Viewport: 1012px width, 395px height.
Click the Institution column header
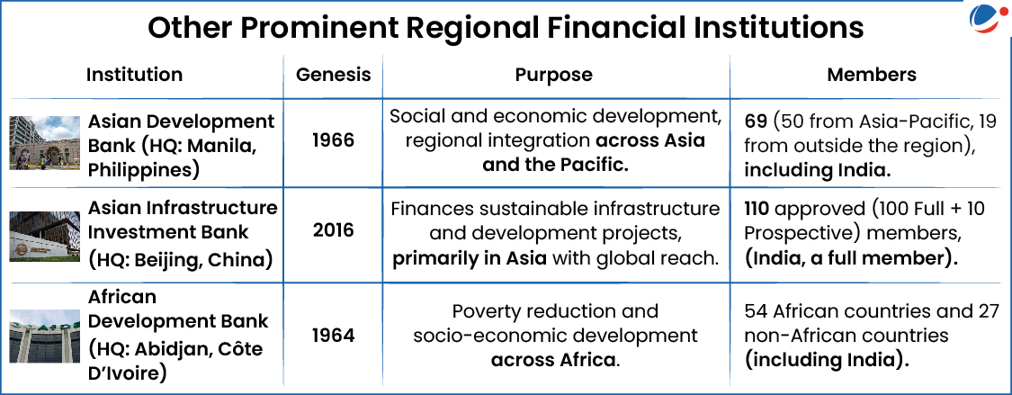click(x=134, y=74)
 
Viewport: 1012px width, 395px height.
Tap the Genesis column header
click(x=334, y=75)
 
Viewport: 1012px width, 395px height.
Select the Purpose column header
click(x=554, y=75)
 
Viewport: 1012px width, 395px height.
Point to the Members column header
click(x=872, y=74)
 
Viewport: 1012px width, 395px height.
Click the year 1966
click(x=334, y=140)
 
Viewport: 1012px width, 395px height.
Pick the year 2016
click(x=334, y=229)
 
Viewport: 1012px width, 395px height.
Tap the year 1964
click(x=334, y=336)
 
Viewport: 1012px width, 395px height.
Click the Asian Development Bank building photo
click(x=45, y=143)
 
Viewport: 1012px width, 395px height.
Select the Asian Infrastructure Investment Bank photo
click(x=45, y=237)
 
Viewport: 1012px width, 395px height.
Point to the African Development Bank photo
click(x=45, y=336)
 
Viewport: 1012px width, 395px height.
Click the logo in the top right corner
click(x=985, y=21)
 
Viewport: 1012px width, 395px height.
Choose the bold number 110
click(x=759, y=210)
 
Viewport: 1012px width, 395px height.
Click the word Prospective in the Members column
click(x=796, y=234)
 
